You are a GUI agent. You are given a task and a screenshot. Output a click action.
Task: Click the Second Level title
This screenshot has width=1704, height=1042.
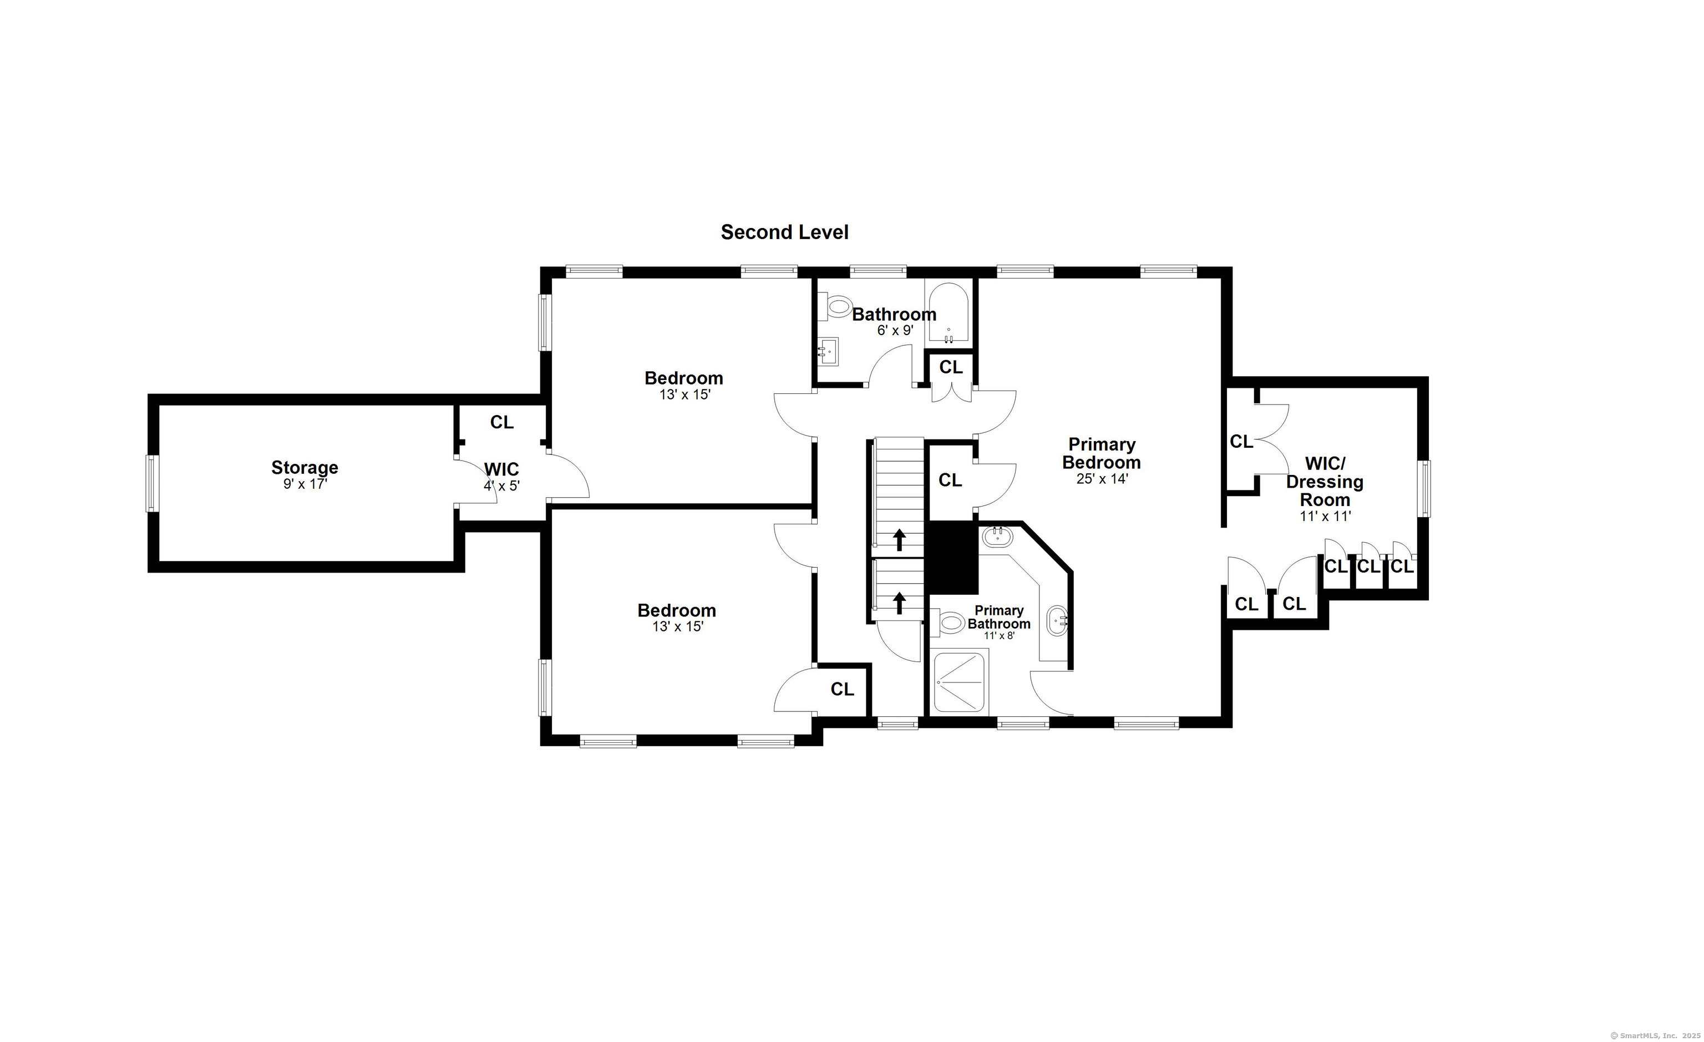click(x=784, y=232)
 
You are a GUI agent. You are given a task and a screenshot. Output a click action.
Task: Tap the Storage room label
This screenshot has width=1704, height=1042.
click(x=305, y=468)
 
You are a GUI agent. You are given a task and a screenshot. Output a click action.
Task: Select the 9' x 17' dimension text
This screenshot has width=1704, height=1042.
click(x=305, y=484)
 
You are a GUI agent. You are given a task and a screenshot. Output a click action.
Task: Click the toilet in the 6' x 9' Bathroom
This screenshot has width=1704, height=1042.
click(x=835, y=306)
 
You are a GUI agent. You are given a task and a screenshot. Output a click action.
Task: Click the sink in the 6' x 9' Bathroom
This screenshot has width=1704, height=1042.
click(x=828, y=351)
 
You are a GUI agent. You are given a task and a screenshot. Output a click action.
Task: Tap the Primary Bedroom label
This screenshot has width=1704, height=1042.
click(x=1102, y=453)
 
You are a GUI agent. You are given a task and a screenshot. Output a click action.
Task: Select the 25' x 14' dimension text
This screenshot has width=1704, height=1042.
click(x=1102, y=478)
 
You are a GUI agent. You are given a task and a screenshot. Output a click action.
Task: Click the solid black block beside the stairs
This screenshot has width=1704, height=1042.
click(x=952, y=558)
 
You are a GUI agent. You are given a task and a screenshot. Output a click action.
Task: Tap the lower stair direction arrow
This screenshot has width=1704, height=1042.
click(x=899, y=603)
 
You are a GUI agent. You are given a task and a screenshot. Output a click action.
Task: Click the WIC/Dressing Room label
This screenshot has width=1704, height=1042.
click(x=1325, y=482)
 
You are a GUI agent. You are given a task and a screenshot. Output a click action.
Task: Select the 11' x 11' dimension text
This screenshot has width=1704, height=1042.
click(x=1325, y=516)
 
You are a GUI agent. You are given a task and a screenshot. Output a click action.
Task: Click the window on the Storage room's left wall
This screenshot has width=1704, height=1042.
click(x=152, y=484)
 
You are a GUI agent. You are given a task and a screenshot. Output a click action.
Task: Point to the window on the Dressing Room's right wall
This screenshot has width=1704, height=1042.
click(x=1423, y=488)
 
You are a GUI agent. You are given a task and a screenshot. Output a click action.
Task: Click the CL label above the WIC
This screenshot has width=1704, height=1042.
click(x=502, y=422)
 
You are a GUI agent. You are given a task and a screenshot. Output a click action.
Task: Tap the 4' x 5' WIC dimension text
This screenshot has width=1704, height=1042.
click(x=501, y=485)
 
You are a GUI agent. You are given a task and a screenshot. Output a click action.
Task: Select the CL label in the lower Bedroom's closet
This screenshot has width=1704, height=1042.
click(x=843, y=689)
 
